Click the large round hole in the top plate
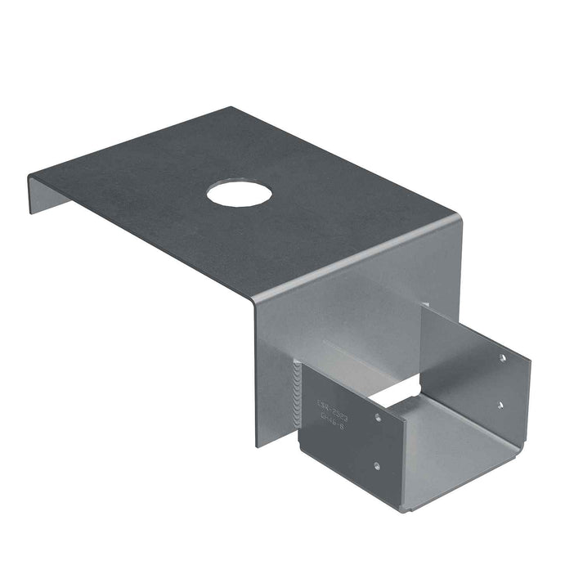(239, 193)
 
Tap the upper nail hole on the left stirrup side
(377, 417)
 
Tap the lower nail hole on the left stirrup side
(376, 467)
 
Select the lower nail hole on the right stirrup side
(500, 404)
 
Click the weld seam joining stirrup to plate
(297, 392)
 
